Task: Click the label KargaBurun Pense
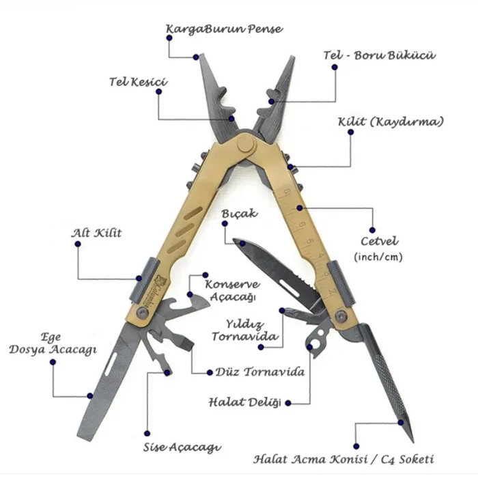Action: (x=225, y=29)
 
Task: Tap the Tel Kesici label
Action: (x=139, y=82)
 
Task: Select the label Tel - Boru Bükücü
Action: (x=379, y=55)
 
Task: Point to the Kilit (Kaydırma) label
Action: (x=391, y=122)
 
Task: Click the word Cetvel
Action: (x=379, y=241)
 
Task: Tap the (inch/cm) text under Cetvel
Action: (x=378, y=257)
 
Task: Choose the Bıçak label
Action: (x=240, y=213)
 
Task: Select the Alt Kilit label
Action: (x=96, y=234)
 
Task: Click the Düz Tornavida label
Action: (x=260, y=372)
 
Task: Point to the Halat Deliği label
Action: (x=244, y=402)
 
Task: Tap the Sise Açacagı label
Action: (x=182, y=447)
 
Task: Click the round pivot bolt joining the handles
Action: (x=246, y=144)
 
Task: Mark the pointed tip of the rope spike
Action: (x=412, y=441)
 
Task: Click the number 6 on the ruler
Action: (x=302, y=225)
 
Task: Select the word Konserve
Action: (x=232, y=285)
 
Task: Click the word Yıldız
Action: (x=244, y=324)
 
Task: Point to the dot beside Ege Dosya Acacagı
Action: (x=53, y=362)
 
